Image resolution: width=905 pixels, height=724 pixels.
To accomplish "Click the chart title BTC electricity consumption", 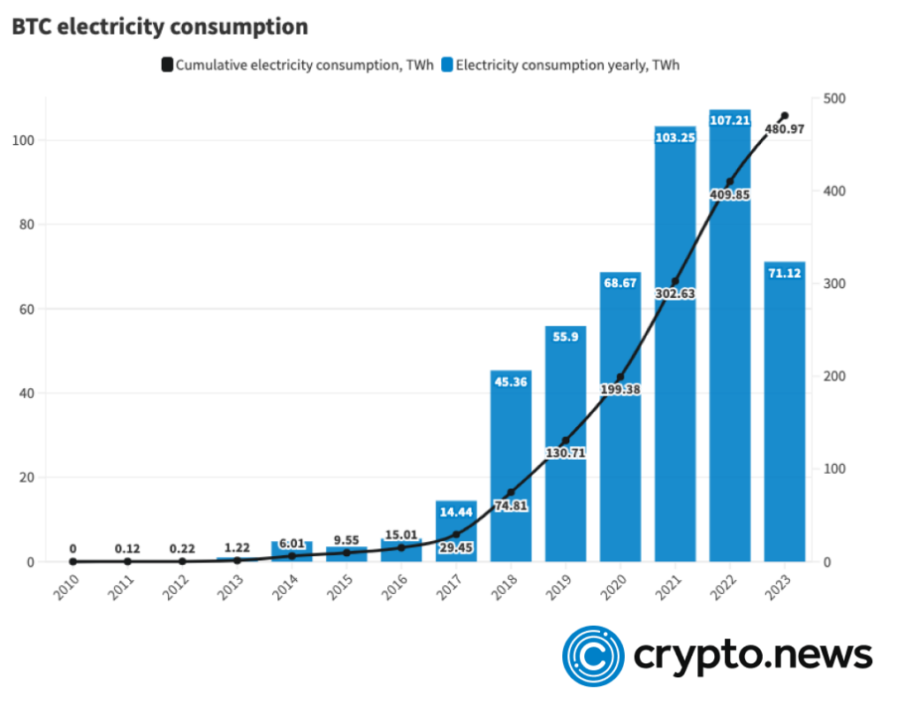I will (x=160, y=27).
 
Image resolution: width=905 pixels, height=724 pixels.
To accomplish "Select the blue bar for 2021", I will (x=675, y=354).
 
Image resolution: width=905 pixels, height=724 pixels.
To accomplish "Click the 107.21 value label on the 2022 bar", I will (x=730, y=120).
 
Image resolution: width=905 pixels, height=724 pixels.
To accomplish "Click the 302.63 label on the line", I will (x=674, y=293).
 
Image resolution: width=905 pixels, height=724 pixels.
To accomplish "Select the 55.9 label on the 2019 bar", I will (x=566, y=337).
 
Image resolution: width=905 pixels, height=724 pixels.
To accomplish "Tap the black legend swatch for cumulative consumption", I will (x=167, y=65).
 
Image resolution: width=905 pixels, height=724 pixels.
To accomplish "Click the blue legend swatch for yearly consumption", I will (x=447, y=65).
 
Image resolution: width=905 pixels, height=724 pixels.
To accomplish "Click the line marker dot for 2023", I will (x=784, y=116).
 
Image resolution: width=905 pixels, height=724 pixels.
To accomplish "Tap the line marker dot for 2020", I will (x=620, y=377).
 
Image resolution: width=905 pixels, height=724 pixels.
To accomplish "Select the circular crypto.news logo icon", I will (x=594, y=656).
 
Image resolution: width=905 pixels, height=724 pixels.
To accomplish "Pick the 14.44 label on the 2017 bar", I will (x=456, y=512).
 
